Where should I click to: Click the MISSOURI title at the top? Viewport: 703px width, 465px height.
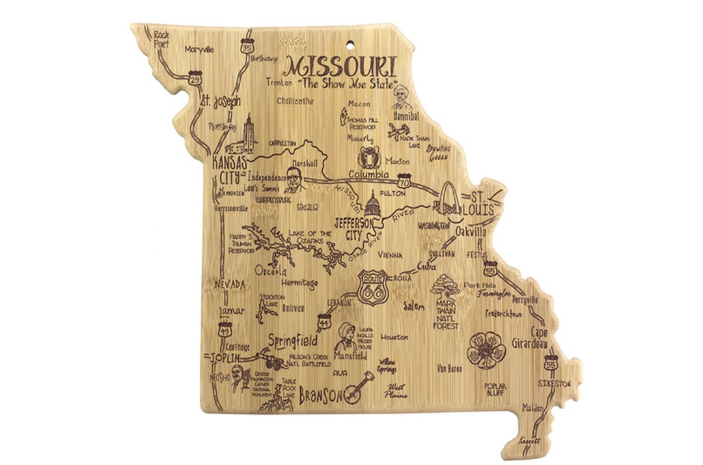click(341, 66)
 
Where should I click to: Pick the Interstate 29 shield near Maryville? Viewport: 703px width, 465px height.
click(195, 77)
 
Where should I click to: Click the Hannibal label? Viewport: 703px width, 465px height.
click(406, 116)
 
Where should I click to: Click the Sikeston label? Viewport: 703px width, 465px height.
click(554, 384)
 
